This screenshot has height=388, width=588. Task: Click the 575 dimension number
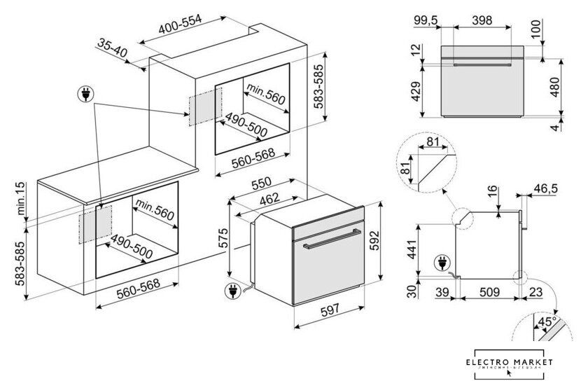click(223, 238)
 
